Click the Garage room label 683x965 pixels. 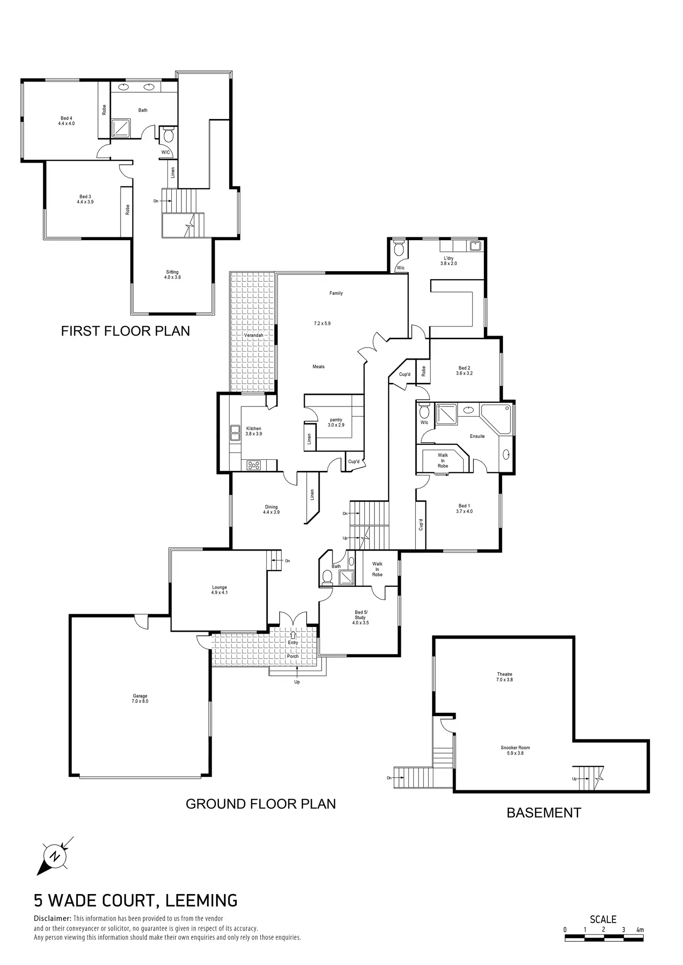(140, 698)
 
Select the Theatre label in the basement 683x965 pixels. (504, 677)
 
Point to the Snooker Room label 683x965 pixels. (515, 750)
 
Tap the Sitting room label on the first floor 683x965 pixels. (172, 274)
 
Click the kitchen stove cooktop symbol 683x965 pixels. (254, 465)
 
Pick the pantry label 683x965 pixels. (336, 422)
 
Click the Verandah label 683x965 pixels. (254, 335)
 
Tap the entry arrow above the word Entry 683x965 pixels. (293, 635)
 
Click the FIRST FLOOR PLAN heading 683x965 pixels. (125, 331)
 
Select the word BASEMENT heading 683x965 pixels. (543, 813)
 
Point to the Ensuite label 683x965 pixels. (477, 436)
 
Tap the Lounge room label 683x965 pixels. (219, 590)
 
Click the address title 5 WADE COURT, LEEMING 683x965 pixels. (135, 900)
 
